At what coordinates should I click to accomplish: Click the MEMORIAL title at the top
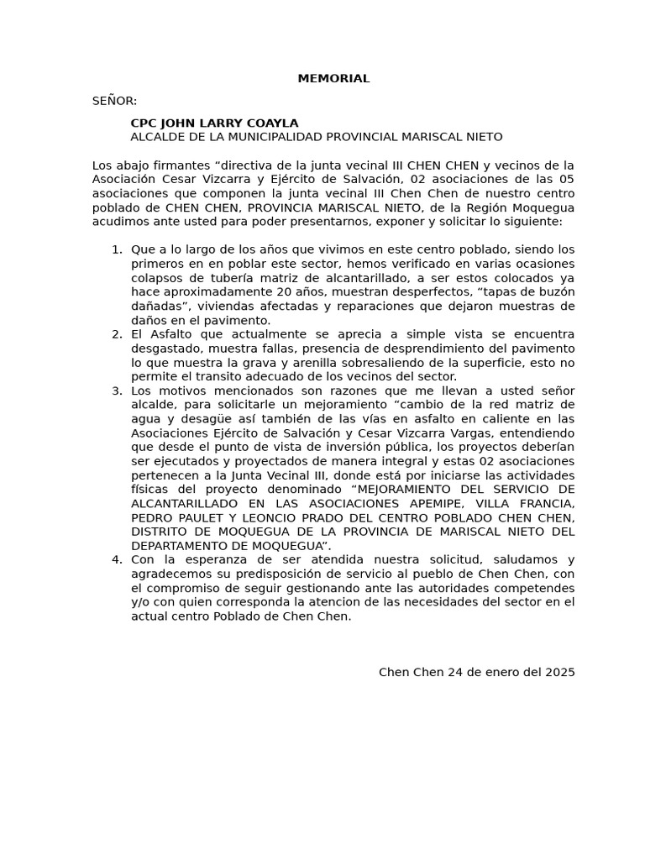[x=333, y=79]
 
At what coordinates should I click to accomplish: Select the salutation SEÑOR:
[x=114, y=101]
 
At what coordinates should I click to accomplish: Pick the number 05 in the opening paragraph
[x=567, y=179]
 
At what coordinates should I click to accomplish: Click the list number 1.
[x=116, y=249]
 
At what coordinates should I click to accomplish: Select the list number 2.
[x=116, y=334]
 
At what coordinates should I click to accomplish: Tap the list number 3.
[x=116, y=391]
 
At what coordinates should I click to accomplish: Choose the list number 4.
[x=116, y=560]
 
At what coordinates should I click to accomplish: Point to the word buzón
[x=556, y=292]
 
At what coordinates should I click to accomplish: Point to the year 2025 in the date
[x=560, y=672]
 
